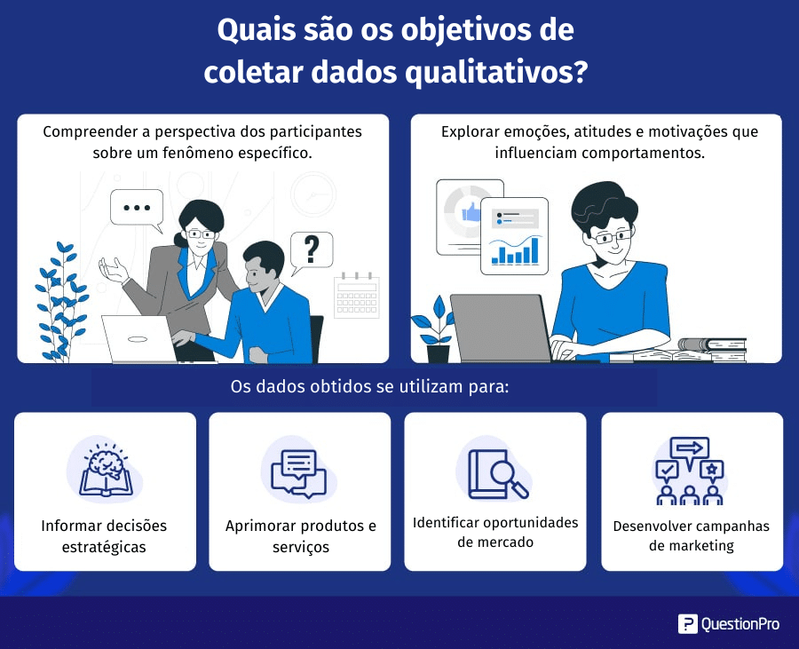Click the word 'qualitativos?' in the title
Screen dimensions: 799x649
[496, 72]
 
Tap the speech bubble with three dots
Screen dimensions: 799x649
[137, 209]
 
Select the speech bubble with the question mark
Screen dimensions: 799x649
[312, 251]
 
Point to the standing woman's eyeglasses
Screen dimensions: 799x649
[201, 234]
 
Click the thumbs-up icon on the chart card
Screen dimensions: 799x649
[471, 211]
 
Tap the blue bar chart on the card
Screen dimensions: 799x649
[515, 250]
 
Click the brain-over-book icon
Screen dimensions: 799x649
[106, 470]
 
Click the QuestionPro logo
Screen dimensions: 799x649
[729, 624]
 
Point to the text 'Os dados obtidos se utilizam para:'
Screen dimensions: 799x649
[370, 387]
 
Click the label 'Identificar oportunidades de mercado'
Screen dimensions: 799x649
[495, 533]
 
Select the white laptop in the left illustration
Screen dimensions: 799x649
[139, 339]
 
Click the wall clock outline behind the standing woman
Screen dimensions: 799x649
[313, 194]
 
